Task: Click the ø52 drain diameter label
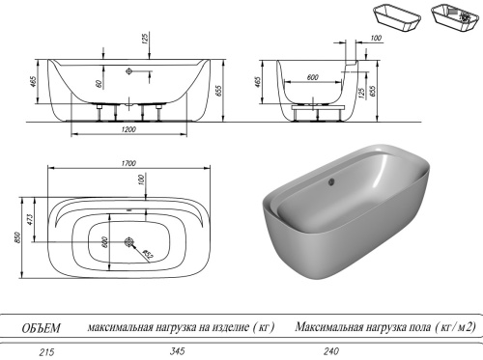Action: tap(147, 255)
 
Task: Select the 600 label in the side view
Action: tap(313, 77)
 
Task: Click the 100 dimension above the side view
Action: tap(375, 40)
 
